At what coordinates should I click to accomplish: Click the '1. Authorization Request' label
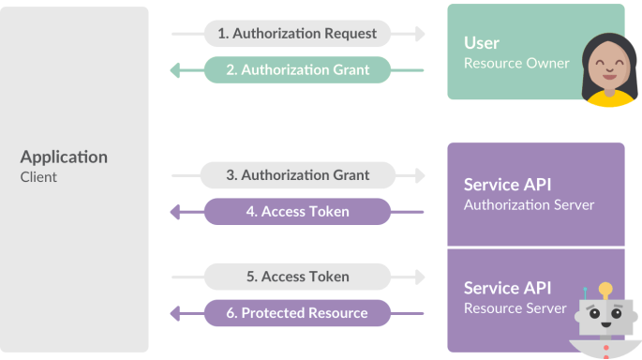[297, 33]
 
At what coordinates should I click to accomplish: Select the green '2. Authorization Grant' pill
[297, 69]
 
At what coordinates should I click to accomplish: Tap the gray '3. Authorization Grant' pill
[297, 175]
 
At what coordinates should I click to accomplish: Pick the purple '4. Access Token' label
[297, 212]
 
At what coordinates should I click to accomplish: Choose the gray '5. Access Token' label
[297, 277]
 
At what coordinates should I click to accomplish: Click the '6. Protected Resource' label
[297, 313]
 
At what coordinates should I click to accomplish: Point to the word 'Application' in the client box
[64, 157]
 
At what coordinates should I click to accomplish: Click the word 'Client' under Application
[38, 176]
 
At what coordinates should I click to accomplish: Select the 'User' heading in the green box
[482, 43]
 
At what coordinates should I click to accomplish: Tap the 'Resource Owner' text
[516, 64]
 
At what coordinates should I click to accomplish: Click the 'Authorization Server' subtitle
[529, 204]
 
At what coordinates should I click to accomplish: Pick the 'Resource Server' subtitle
[515, 308]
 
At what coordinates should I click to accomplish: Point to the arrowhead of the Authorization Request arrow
[419, 34]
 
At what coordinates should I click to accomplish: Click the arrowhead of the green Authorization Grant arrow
[175, 70]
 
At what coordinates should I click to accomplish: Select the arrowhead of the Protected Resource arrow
[175, 313]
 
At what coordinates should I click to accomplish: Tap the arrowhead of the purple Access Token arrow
[175, 213]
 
